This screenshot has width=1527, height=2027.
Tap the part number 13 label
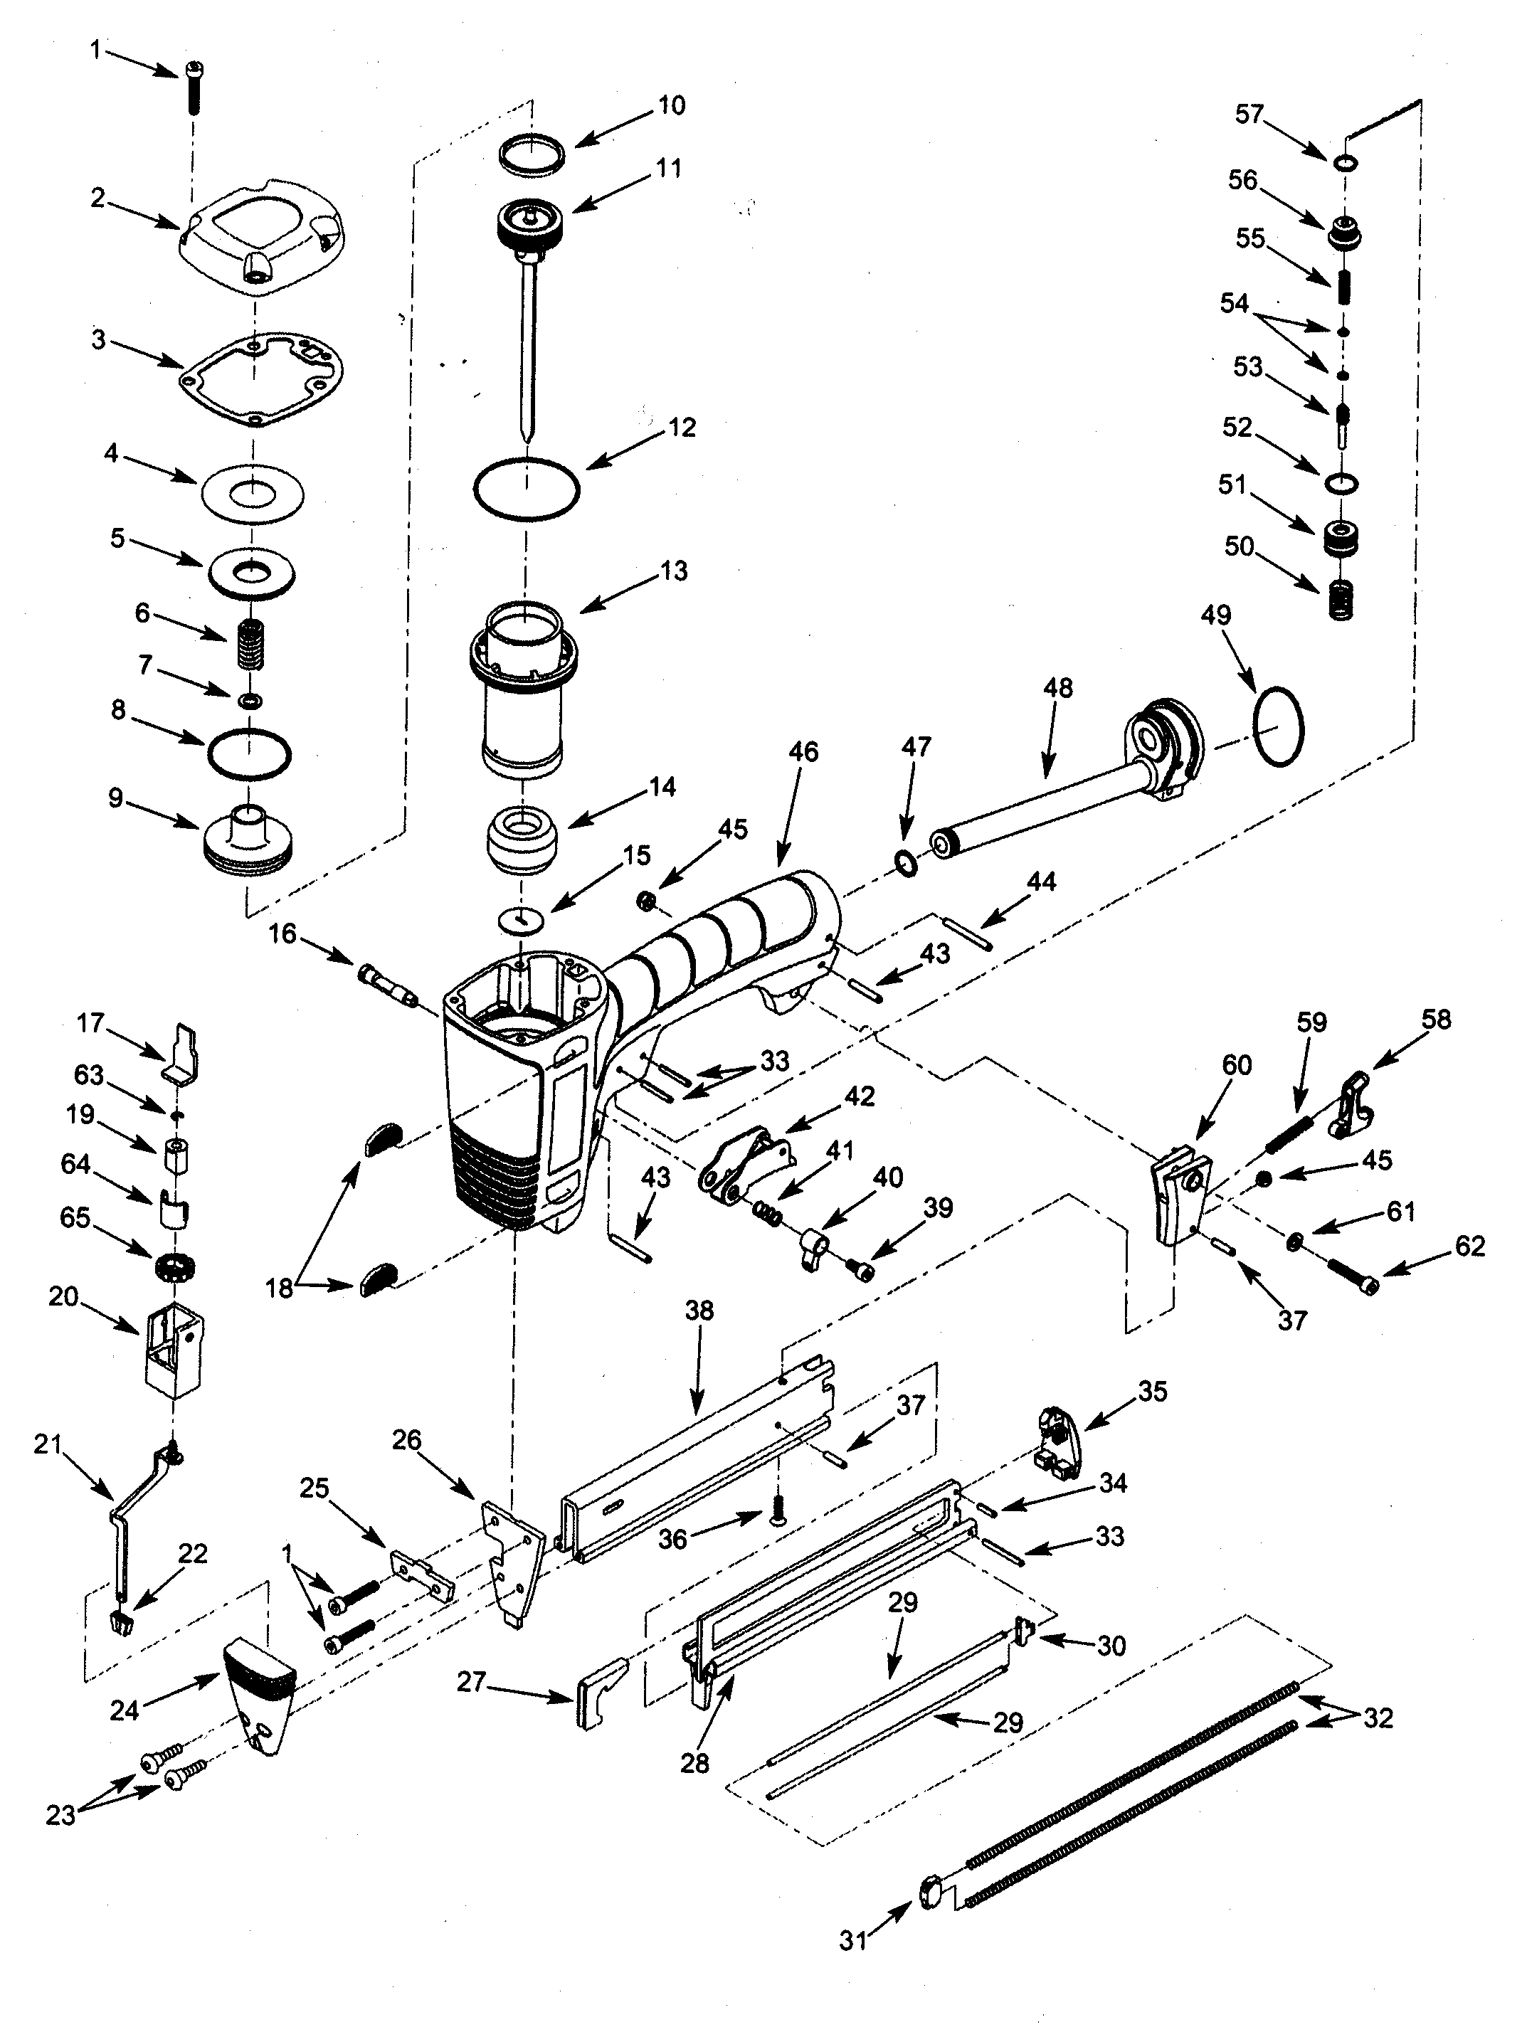coord(674,571)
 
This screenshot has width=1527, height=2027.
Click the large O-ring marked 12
coord(526,489)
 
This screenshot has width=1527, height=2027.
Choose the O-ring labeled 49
coord(1277,726)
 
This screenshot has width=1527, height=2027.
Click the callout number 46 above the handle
coord(803,752)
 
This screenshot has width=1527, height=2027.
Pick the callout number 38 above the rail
coord(699,1311)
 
